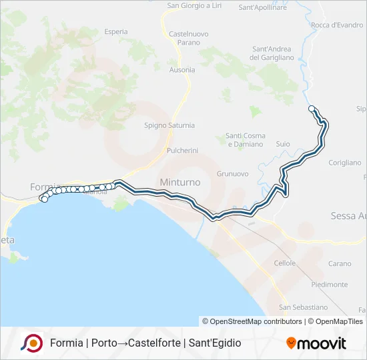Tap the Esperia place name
tap(115, 31)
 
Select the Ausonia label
tap(181, 70)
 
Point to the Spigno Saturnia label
tap(169, 125)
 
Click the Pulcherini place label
tap(182, 151)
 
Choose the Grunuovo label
tap(232, 174)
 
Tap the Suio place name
tap(282, 144)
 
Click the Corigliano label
tap(344, 163)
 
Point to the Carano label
tap(339, 264)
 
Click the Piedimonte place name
tap(329, 285)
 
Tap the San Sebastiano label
tap(303, 307)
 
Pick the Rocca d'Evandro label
tap(337, 25)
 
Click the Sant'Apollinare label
tap(262, 7)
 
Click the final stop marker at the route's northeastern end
tap(312, 109)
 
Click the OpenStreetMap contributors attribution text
tap(252, 321)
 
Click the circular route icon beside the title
tap(31, 343)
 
